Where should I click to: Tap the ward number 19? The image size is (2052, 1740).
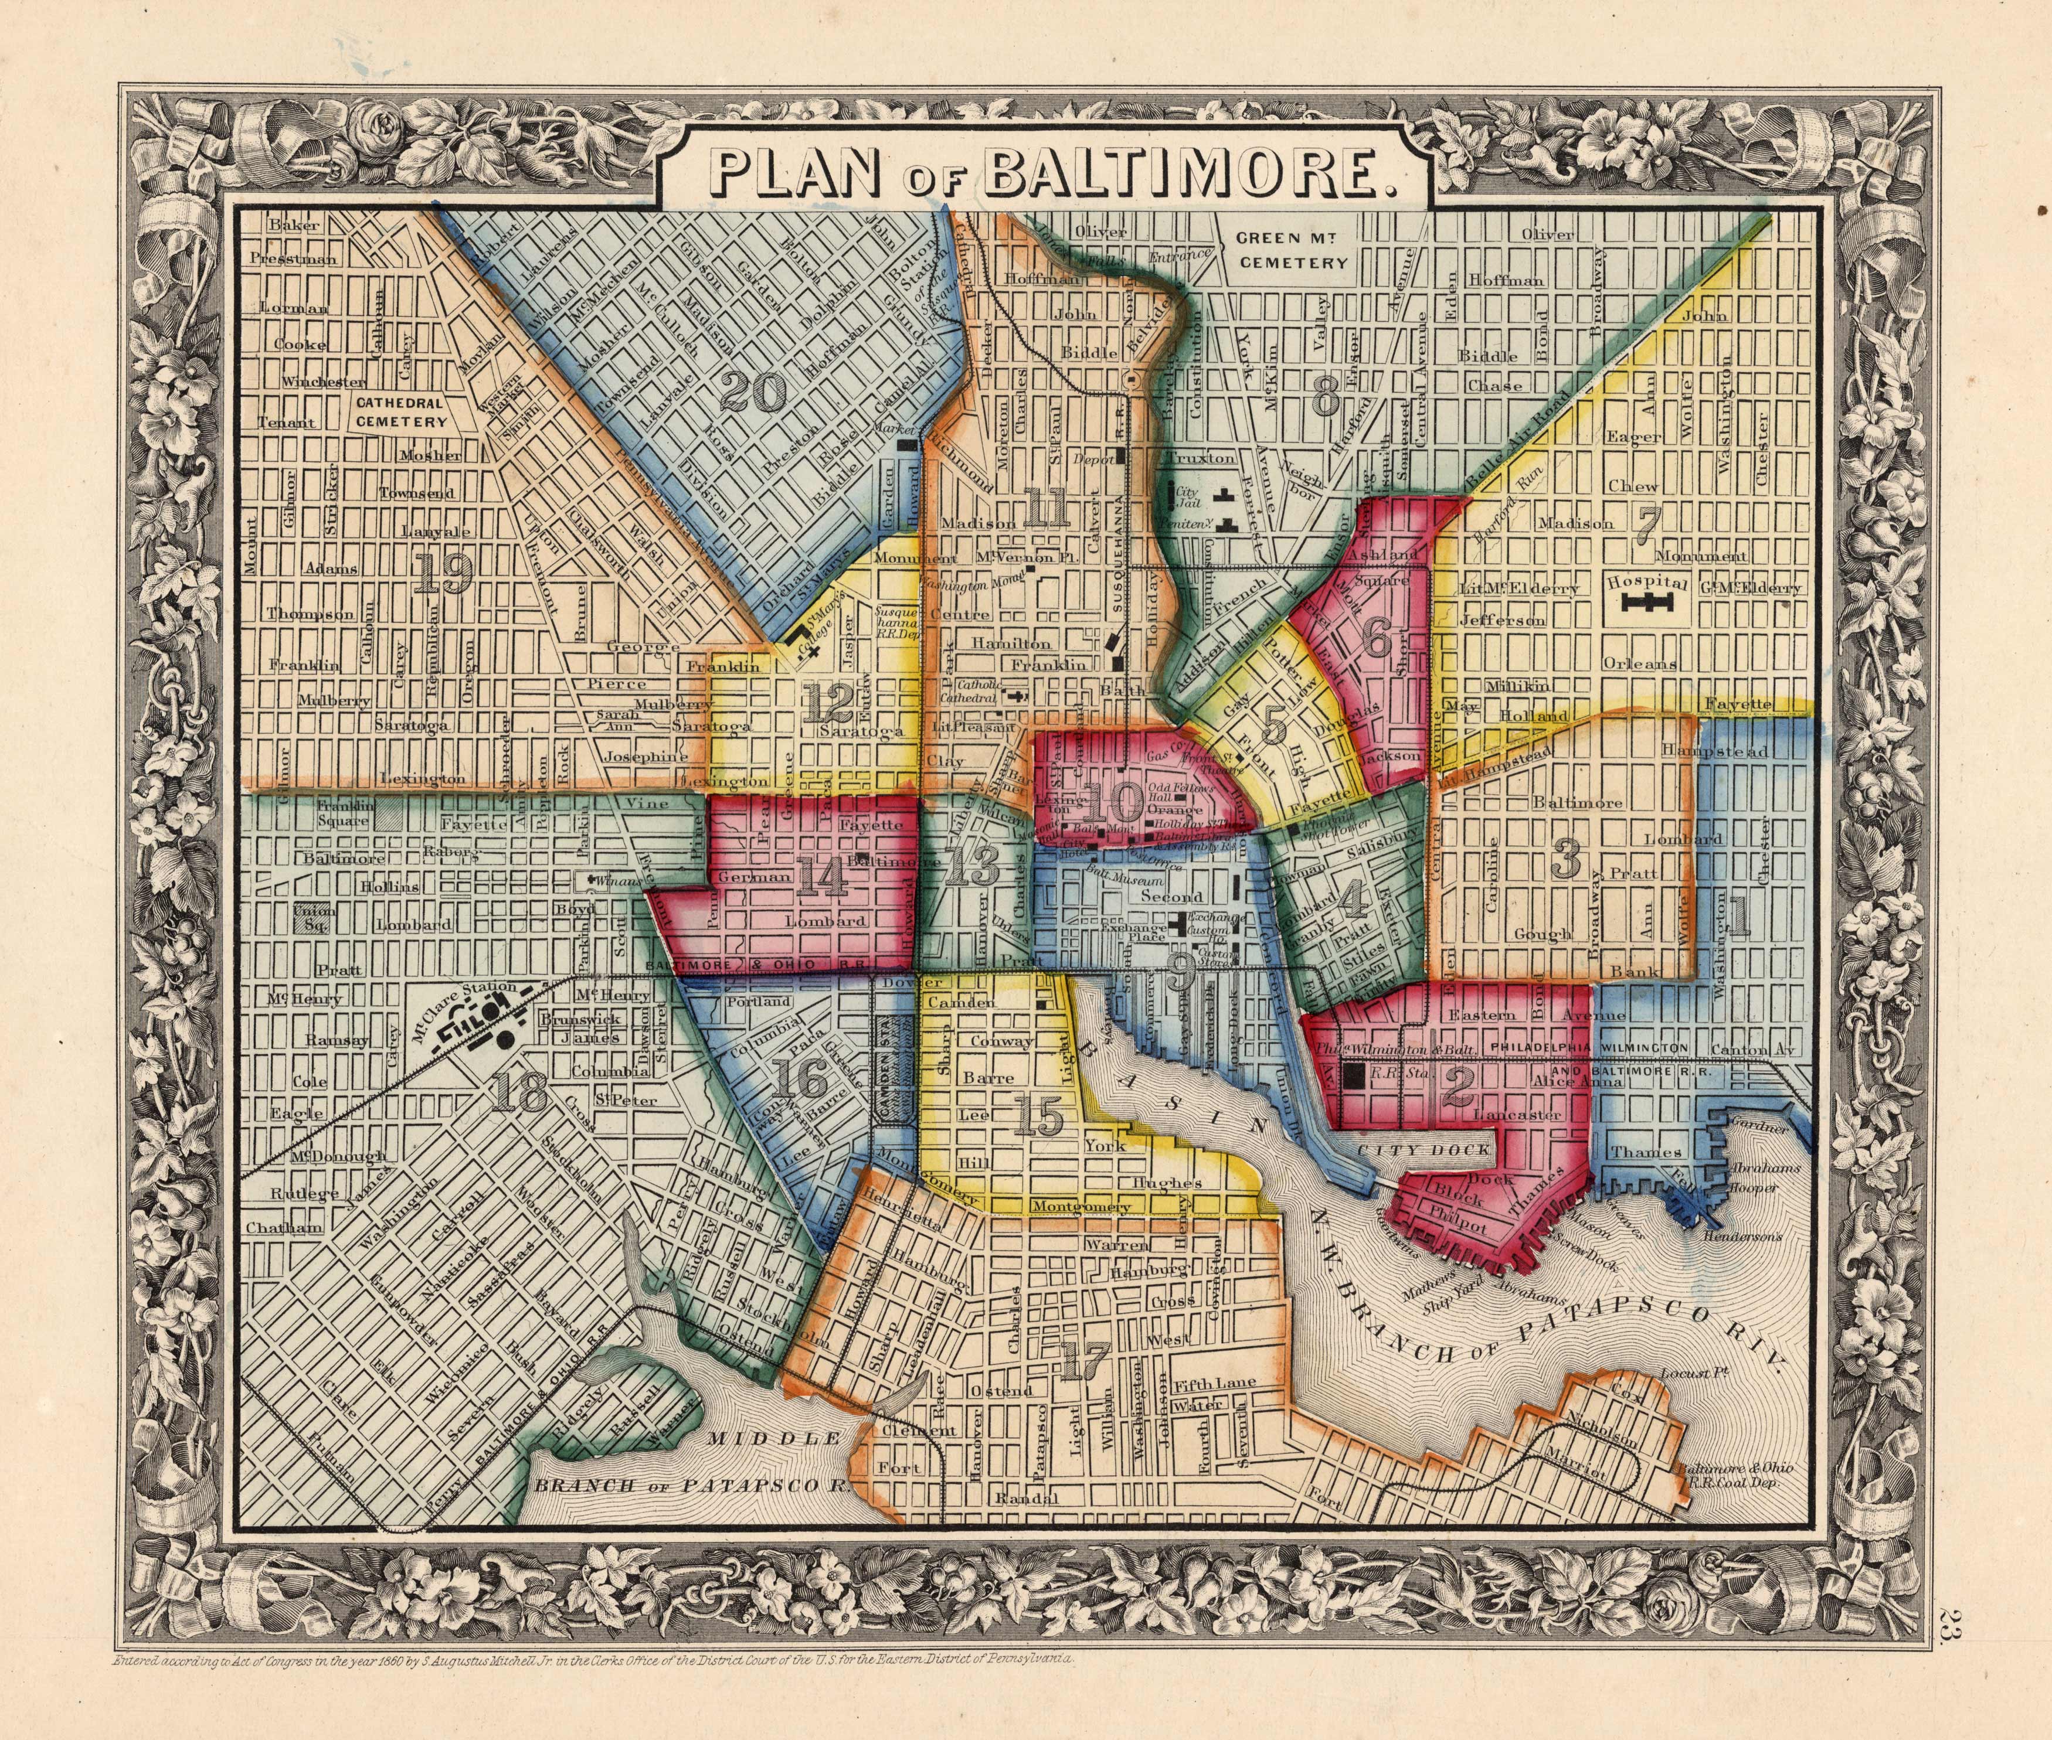click(439, 572)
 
